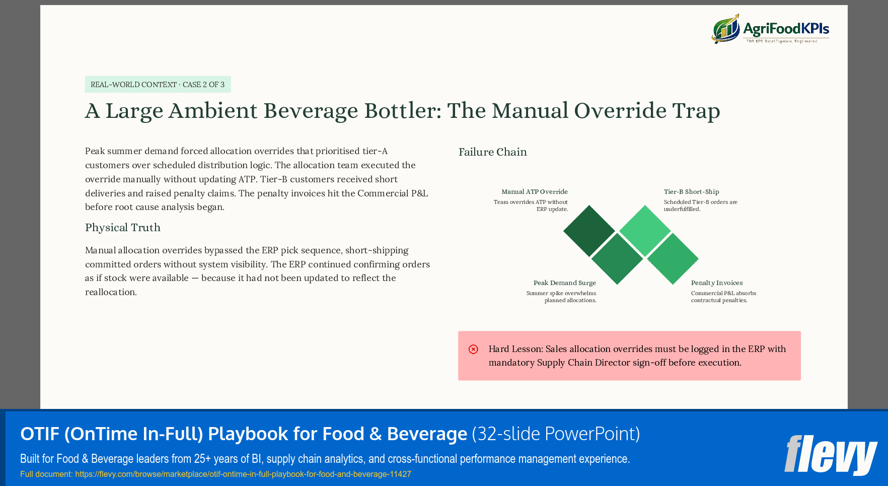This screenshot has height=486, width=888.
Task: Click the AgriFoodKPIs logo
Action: click(x=770, y=29)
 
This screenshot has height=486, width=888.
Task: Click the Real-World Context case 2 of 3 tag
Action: click(x=158, y=85)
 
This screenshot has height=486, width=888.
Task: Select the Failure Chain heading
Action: click(x=492, y=152)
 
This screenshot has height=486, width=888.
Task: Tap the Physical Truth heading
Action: click(x=123, y=228)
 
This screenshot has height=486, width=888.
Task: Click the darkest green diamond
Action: click(x=589, y=231)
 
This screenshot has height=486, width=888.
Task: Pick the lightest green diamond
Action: click(x=645, y=231)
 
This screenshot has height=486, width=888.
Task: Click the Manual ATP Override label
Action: click(x=534, y=192)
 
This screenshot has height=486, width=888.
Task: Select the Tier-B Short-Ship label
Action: click(x=691, y=192)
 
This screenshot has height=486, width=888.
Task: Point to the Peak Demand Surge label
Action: click(x=564, y=283)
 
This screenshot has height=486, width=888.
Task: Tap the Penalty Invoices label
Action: click(x=716, y=283)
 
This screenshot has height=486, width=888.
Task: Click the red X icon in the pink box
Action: click(x=473, y=350)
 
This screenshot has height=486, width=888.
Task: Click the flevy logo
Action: click(x=830, y=455)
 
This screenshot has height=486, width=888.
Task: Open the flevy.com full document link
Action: click(x=243, y=474)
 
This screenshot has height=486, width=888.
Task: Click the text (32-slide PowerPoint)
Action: click(x=556, y=434)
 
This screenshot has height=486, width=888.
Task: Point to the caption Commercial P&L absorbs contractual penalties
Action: click(x=723, y=297)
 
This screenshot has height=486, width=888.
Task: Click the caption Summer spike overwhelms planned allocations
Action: click(x=561, y=297)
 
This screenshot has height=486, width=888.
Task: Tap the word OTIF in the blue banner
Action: click(x=40, y=434)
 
